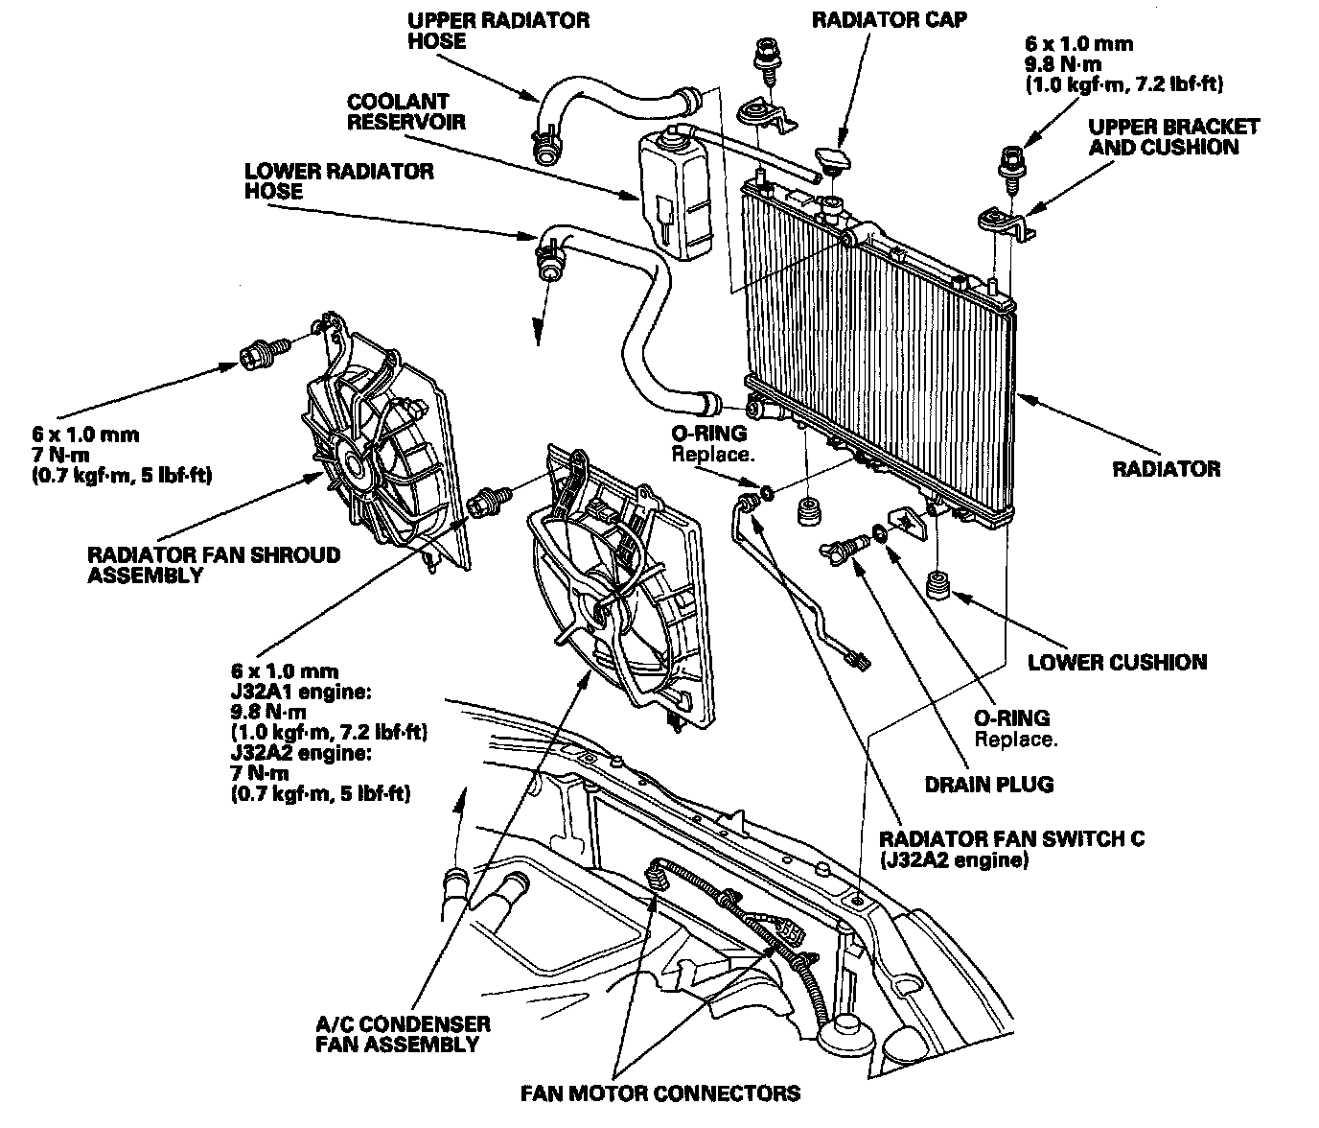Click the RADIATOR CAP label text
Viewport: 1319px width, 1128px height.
[x=890, y=20]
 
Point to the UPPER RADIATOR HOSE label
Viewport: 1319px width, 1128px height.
[x=498, y=30]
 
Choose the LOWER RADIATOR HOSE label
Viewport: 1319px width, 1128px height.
[x=338, y=181]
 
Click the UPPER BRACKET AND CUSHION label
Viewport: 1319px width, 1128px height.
[x=1173, y=137]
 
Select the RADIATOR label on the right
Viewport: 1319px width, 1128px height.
[x=1166, y=469]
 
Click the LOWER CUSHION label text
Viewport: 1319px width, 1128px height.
[x=1117, y=662]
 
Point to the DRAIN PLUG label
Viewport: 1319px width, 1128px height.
[x=989, y=785]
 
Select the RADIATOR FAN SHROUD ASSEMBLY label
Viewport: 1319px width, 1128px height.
[x=213, y=565]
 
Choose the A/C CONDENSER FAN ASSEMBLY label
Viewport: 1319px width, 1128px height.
[x=403, y=1034]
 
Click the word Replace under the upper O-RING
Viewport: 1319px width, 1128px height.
[x=712, y=454]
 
